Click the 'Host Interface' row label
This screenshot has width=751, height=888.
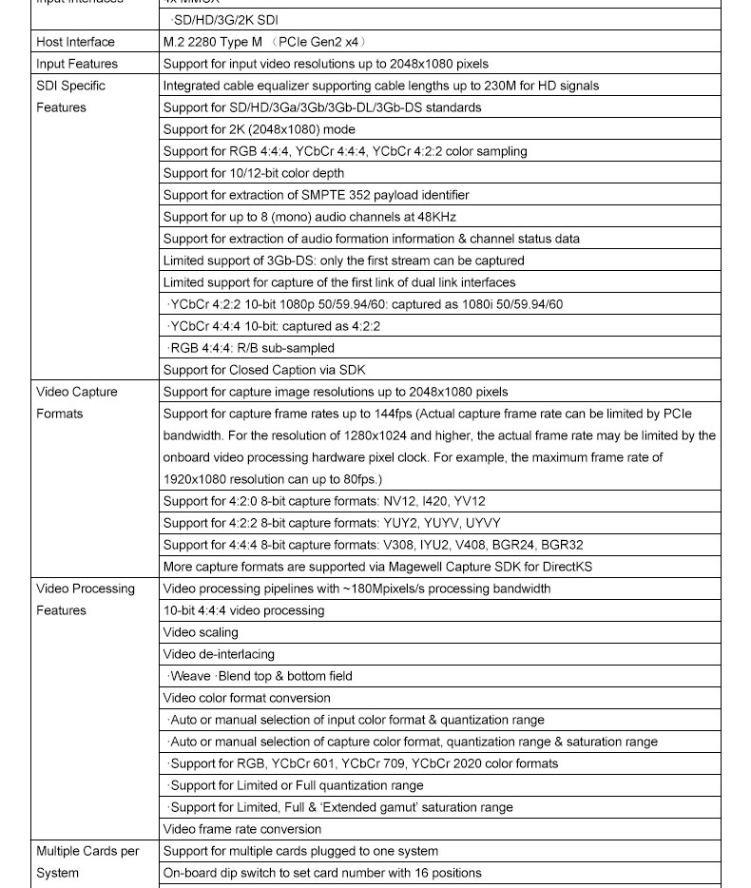click(x=75, y=42)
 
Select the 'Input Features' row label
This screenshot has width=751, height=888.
click(x=77, y=64)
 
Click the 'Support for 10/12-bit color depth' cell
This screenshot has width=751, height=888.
click(x=253, y=173)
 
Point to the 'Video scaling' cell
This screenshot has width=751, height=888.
click(x=201, y=632)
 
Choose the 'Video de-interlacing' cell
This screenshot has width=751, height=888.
click(x=219, y=654)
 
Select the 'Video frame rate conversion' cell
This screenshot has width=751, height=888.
click(x=241, y=829)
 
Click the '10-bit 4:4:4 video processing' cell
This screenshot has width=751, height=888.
click(x=243, y=610)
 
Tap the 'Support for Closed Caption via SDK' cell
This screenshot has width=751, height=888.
click(x=263, y=370)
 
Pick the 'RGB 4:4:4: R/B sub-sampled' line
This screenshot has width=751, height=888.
click(x=252, y=348)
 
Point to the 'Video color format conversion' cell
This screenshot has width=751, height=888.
click(x=246, y=698)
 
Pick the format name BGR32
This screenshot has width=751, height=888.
click(x=563, y=545)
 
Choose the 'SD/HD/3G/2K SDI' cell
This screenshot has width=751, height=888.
click(x=224, y=20)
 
